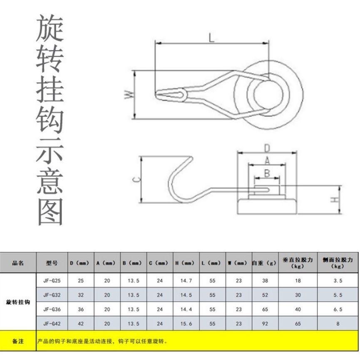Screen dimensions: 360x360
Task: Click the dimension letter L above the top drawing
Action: click(x=211, y=37)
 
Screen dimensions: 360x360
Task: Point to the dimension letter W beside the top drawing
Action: click(x=129, y=94)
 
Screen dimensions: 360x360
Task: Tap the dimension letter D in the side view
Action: click(x=267, y=148)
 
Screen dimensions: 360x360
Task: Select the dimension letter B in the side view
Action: click(x=267, y=173)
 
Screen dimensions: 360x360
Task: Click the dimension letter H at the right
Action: click(x=335, y=199)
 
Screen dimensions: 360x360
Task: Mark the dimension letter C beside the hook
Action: click(x=137, y=179)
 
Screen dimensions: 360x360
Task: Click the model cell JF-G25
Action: click(x=52, y=281)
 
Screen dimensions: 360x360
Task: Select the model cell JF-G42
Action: click(x=52, y=323)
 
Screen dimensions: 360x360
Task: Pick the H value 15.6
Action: click(x=186, y=323)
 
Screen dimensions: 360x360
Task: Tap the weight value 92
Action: click(x=265, y=323)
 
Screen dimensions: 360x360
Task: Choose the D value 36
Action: click(x=81, y=309)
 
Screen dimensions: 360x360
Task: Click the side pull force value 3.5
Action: click(x=338, y=281)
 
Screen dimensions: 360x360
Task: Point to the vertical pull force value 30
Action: click(x=298, y=295)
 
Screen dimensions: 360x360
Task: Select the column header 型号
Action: click(x=52, y=263)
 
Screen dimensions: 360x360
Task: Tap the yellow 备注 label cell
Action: click(x=18, y=341)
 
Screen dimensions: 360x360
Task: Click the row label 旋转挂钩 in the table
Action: click(x=18, y=302)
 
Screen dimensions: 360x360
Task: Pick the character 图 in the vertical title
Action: click(x=50, y=211)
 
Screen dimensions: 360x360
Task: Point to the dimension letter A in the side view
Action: click(x=267, y=161)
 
